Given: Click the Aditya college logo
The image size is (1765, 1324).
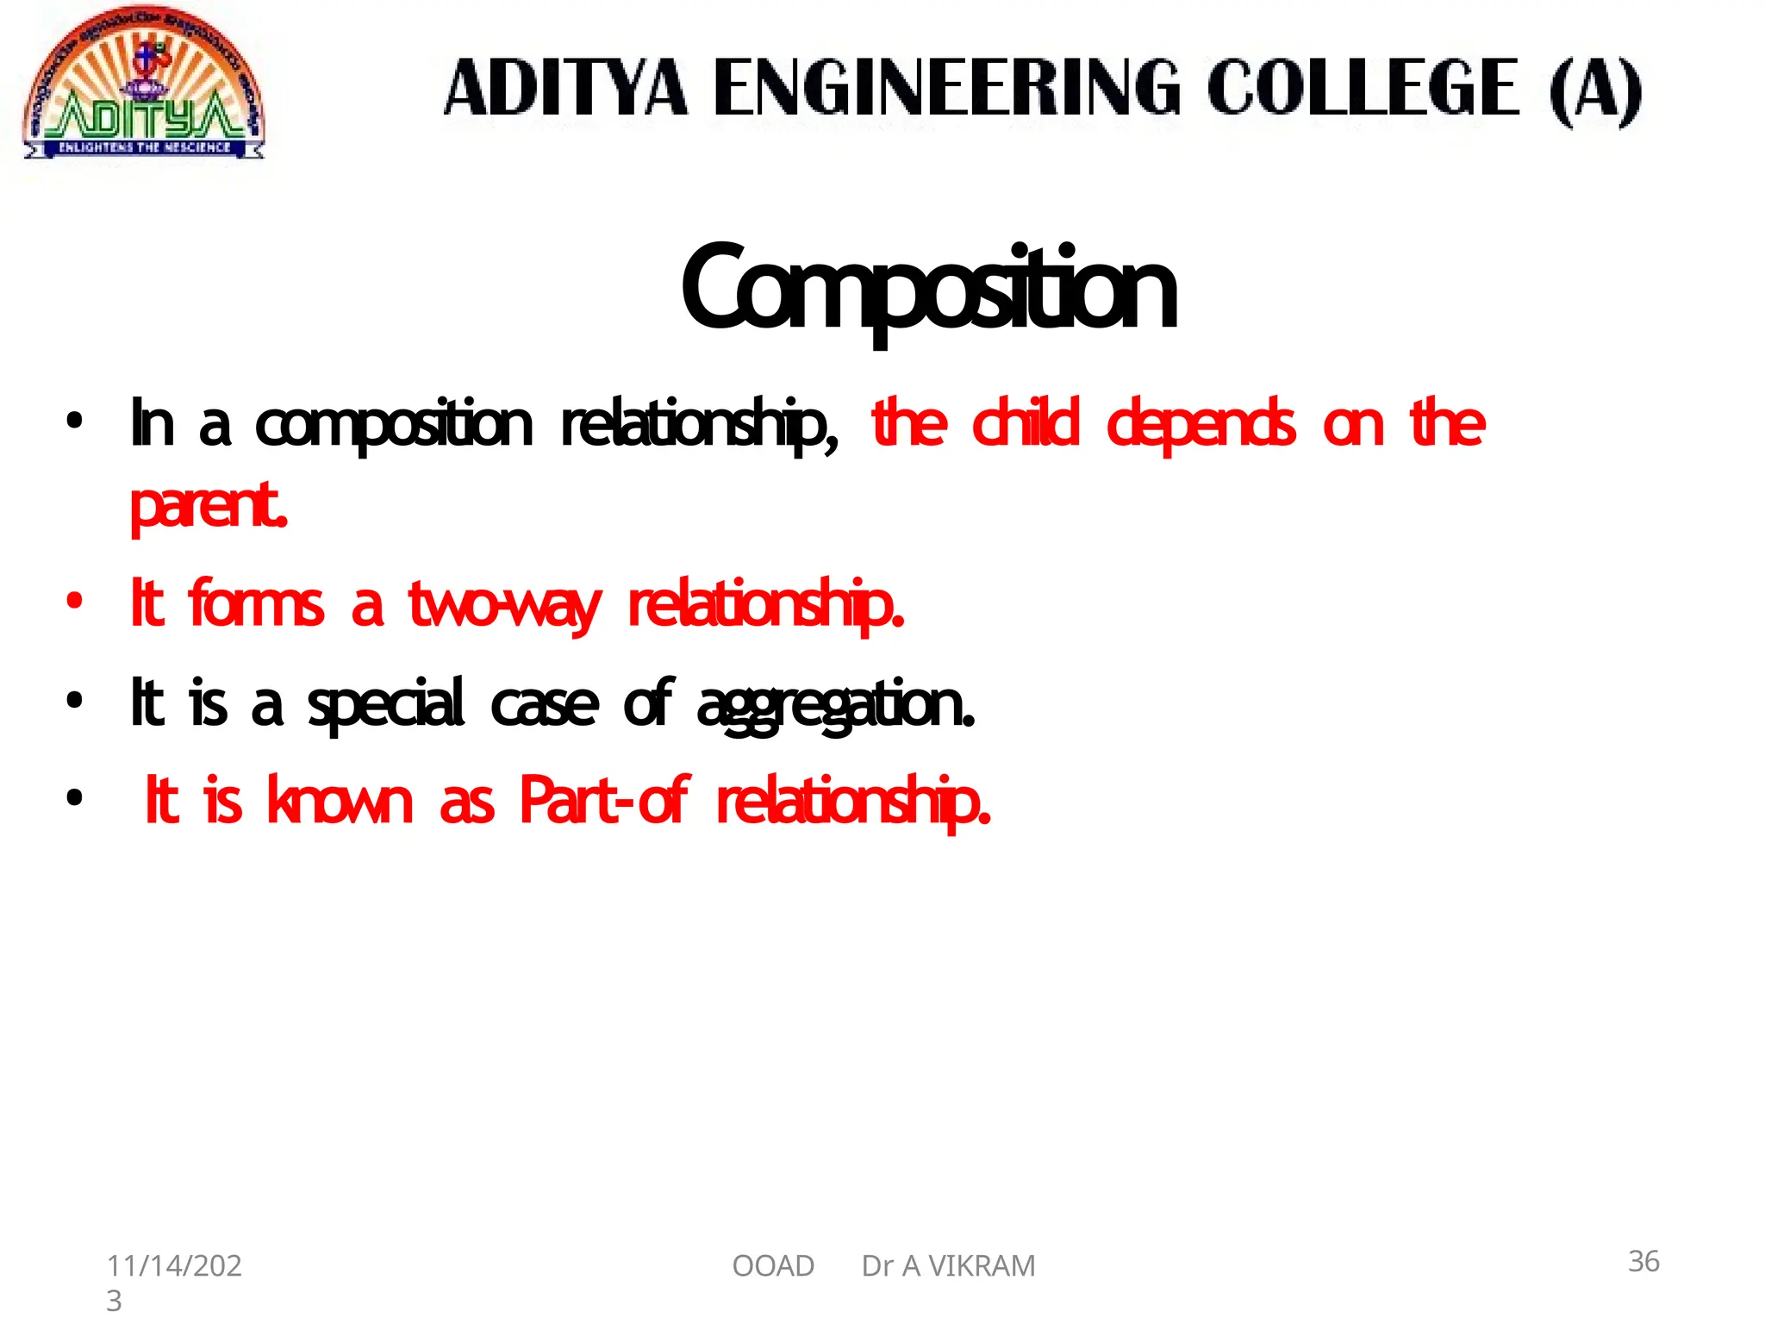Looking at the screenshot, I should point(144,86).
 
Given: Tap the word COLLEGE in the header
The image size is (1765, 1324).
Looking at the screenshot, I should point(1363,88).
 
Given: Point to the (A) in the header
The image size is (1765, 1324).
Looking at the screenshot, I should point(1595,90).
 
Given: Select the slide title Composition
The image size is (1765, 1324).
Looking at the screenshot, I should point(928,289).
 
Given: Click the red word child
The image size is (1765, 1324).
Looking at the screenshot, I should point(1025,423).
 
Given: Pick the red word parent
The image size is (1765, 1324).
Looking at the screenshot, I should point(208,507).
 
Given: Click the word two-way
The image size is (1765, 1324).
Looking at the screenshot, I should point(503,605).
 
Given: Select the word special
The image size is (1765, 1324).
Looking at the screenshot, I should point(386,704).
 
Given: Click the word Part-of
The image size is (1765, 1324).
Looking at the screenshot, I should point(603,801).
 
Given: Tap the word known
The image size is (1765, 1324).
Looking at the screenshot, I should point(340,801).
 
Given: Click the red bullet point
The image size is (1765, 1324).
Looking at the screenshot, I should point(75,601).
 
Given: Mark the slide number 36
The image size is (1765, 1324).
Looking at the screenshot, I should point(1643,1261).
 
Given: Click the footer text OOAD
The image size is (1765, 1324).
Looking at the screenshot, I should point(772,1265).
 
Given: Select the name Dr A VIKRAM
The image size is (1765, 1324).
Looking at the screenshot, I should point(948,1265).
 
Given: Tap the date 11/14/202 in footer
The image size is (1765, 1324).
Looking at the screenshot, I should point(174,1265).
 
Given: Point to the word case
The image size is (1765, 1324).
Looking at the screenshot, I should point(544,704).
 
